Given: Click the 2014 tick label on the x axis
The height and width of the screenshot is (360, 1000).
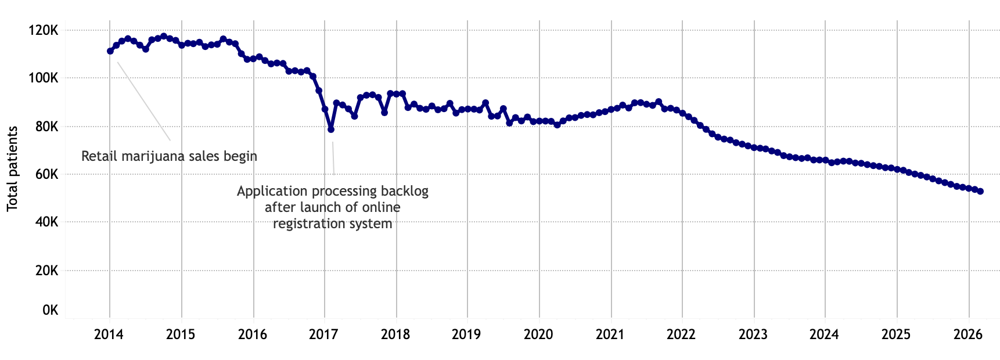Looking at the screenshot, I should click(x=108, y=334).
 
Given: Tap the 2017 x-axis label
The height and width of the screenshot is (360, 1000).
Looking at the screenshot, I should click(x=323, y=334).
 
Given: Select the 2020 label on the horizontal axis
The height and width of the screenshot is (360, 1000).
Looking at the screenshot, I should click(x=538, y=334).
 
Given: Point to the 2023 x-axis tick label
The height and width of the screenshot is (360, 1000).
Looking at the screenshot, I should click(x=753, y=334).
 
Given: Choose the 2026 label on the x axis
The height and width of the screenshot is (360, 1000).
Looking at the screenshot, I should click(x=967, y=334).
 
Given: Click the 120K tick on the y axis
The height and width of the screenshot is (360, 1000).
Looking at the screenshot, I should click(x=43, y=30).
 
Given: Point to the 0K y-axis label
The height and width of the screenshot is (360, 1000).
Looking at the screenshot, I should click(x=50, y=311).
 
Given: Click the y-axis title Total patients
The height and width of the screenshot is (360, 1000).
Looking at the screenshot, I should click(x=12, y=168).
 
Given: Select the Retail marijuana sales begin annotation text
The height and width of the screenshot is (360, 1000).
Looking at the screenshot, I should click(x=169, y=156).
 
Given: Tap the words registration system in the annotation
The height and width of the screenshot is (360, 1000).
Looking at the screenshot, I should click(x=333, y=224).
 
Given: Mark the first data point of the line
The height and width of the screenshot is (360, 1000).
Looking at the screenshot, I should click(x=110, y=51).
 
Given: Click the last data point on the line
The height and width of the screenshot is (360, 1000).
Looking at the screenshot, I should click(x=980, y=191).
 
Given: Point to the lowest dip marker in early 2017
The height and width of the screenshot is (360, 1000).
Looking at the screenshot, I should click(x=331, y=129).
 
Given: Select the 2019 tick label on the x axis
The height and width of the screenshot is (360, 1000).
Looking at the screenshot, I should click(x=466, y=334).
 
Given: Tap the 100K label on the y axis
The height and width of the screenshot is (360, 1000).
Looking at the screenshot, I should click(x=43, y=78).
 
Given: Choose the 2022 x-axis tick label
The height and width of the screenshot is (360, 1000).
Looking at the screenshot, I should click(x=681, y=334).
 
